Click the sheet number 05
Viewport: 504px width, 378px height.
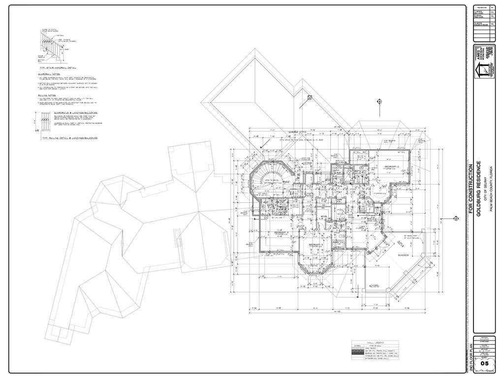[x=485, y=363]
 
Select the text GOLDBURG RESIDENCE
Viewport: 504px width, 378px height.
[x=477, y=189]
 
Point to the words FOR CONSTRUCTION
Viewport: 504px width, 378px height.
[x=471, y=190]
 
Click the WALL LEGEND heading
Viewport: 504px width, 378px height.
[x=375, y=342]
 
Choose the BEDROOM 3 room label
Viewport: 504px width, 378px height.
[x=315, y=245]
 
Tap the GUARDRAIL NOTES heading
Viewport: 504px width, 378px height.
[x=49, y=74]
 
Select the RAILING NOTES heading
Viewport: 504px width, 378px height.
[x=47, y=95]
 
